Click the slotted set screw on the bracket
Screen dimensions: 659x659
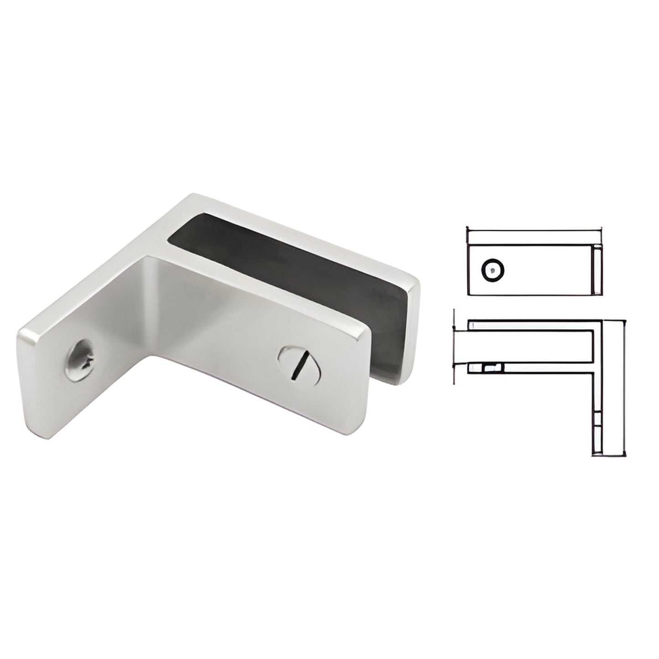(x=301, y=363)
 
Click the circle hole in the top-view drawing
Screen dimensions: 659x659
(x=493, y=270)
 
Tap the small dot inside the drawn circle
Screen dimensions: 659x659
(x=492, y=270)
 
